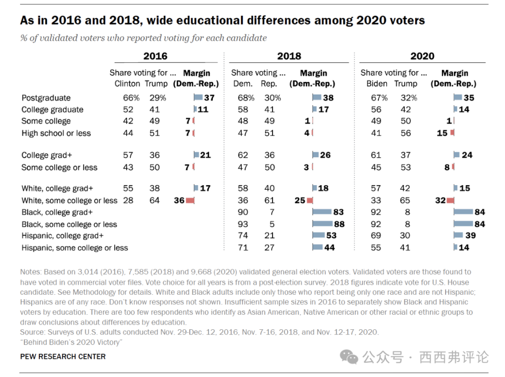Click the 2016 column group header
[x=155, y=56]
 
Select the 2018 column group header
[x=289, y=56]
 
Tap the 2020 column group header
[x=422, y=56]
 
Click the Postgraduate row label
[x=46, y=98]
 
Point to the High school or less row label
[x=56, y=133]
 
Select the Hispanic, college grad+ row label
[x=63, y=236]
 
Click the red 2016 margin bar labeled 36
[x=190, y=200]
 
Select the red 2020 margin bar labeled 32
[x=450, y=200]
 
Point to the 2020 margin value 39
[x=470, y=236]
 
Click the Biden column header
[x=377, y=84]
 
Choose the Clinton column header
[x=127, y=84]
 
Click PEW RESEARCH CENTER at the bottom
[x=63, y=356]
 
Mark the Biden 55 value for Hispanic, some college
[x=376, y=247]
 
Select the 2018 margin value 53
[x=332, y=236]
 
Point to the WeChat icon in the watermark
[x=349, y=357]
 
